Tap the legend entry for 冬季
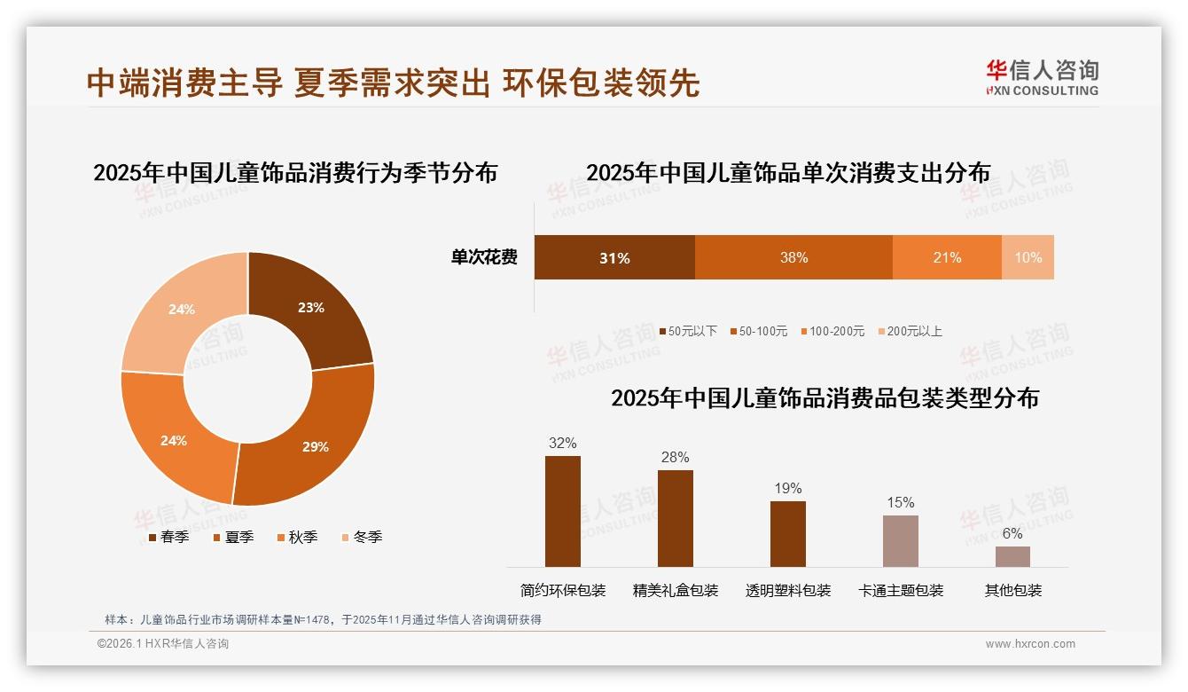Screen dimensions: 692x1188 tap(361, 537)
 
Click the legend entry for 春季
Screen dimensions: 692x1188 tap(168, 537)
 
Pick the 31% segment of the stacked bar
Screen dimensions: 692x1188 tap(614, 258)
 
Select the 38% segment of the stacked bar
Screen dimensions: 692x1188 tap(793, 258)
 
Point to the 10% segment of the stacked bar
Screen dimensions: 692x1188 tap(1028, 258)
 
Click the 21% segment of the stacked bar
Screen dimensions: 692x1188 tap(947, 258)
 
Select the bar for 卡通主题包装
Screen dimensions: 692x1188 tap(900, 540)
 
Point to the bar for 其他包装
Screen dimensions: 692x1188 tap(1012, 556)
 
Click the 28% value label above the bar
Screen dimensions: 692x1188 tap(675, 458)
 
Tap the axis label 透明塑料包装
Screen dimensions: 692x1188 tap(788, 590)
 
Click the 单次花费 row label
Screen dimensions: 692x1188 tap(484, 258)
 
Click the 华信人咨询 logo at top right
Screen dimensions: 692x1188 tap(1042, 77)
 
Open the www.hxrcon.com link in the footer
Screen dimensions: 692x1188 tap(1030, 644)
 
